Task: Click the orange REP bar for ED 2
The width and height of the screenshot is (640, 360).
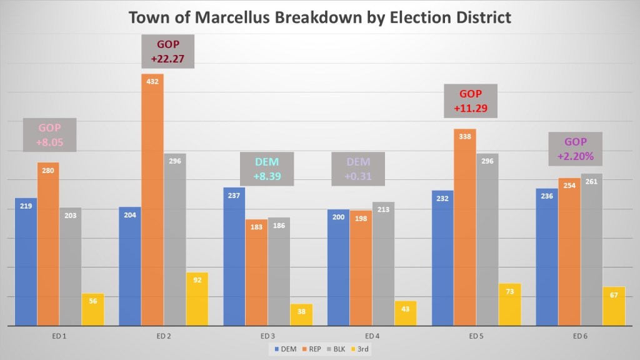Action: [152, 200]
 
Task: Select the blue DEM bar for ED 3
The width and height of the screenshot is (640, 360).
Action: [234, 256]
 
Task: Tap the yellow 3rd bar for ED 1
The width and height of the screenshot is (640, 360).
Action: [92, 309]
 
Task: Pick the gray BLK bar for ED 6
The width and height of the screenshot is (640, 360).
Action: [591, 250]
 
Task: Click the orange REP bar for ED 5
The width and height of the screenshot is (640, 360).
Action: [465, 228]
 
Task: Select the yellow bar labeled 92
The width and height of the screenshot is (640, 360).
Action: [197, 299]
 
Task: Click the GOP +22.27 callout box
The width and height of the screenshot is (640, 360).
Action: [168, 52]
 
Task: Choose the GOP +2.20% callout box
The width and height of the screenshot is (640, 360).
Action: [576, 149]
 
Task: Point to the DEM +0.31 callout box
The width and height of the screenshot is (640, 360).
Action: [357, 169]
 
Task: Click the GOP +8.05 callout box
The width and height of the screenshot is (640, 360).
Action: [50, 135]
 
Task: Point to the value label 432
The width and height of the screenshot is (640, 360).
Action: [152, 81]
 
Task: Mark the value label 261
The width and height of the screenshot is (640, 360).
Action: [591, 181]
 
